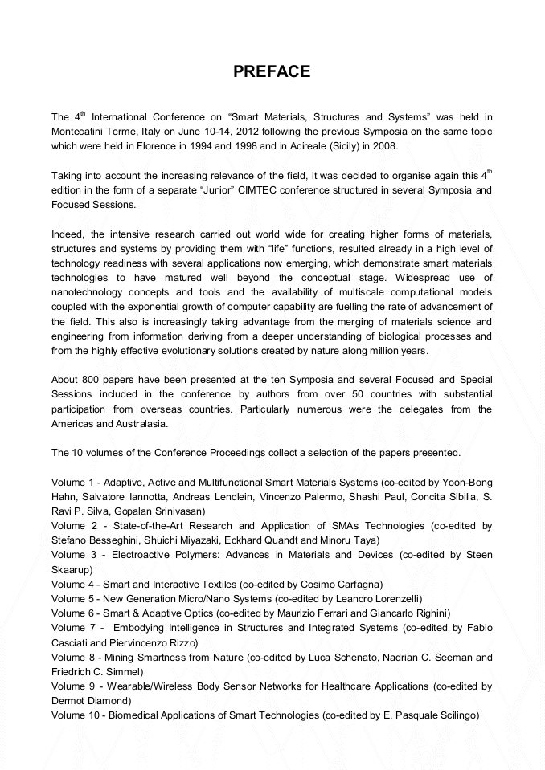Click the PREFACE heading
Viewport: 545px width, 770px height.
pos(272,71)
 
